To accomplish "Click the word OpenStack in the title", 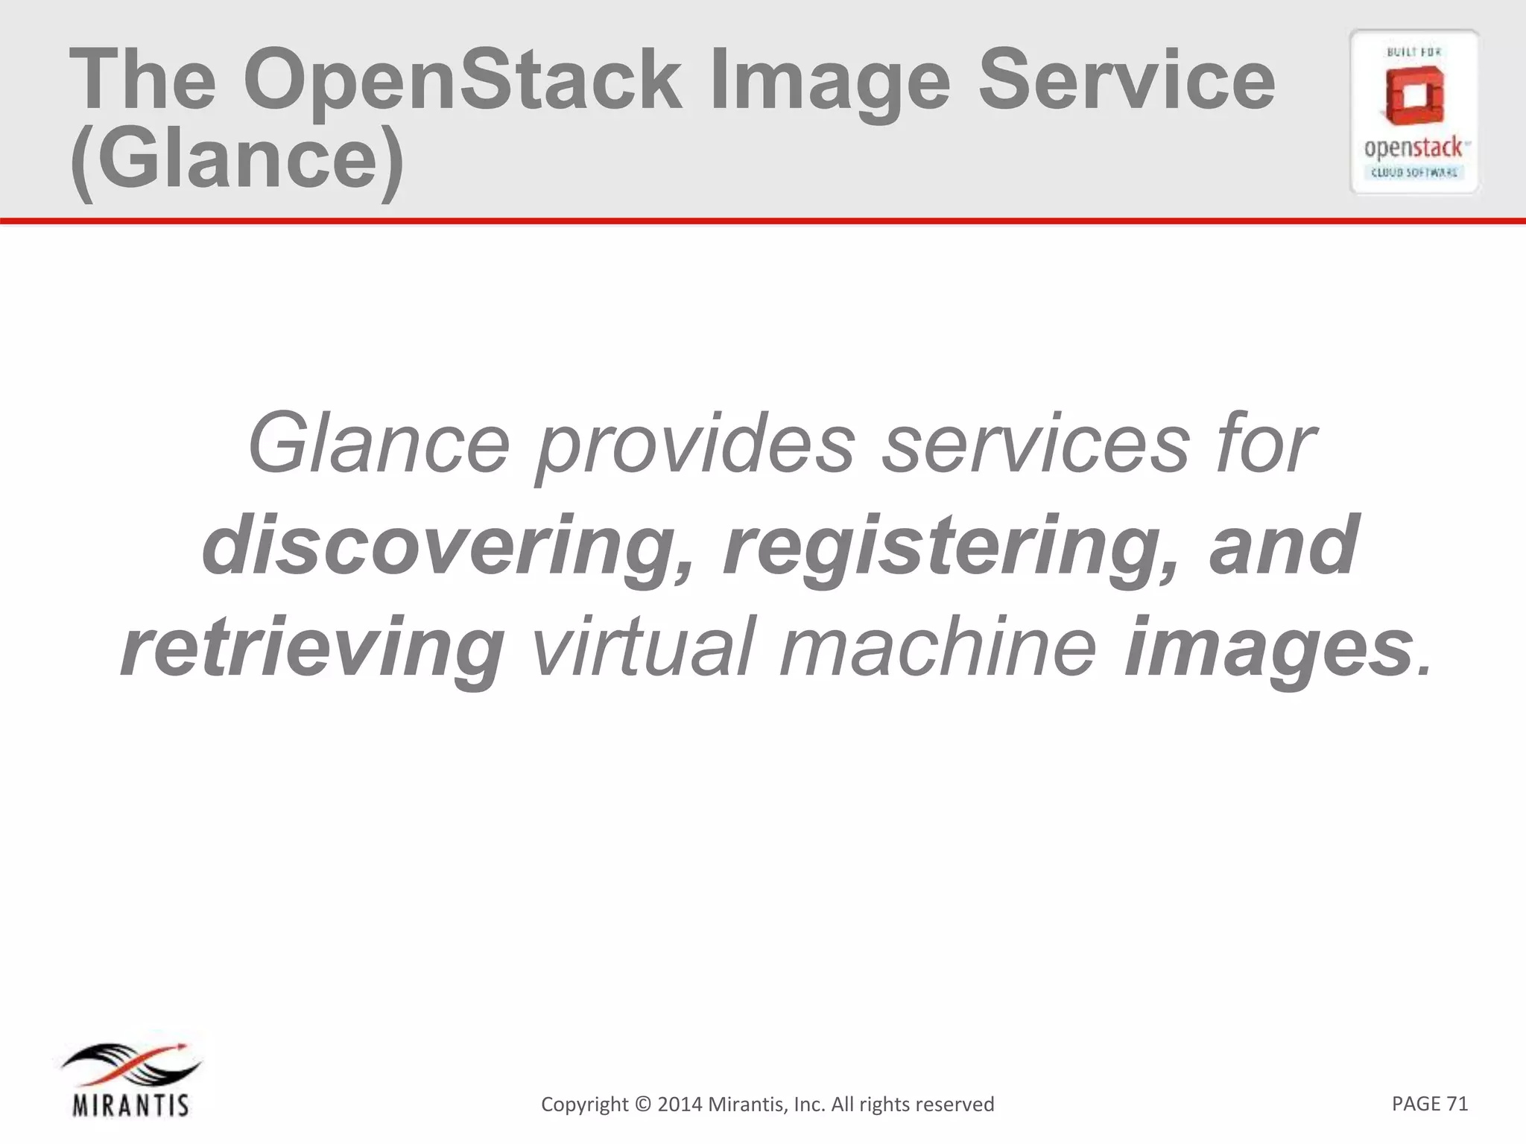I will click(462, 80).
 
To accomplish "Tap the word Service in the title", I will click(1127, 80).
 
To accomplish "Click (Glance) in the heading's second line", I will click(237, 160).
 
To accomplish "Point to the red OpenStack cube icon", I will click(1414, 96).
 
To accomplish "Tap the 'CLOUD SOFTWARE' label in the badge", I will click(1414, 173).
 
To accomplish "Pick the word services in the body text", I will click(1036, 444).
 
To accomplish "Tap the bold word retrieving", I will click(312, 649).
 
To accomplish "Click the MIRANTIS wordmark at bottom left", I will click(131, 1105).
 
